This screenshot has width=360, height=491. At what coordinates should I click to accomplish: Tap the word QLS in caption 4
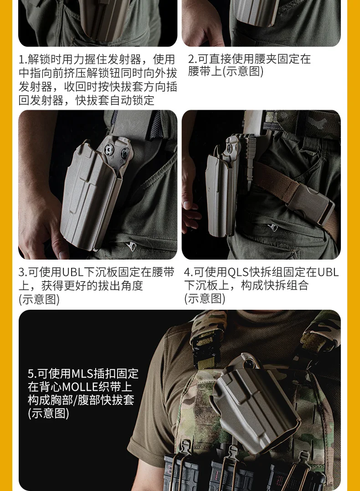238,272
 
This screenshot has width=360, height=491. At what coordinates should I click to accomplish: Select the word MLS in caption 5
83,373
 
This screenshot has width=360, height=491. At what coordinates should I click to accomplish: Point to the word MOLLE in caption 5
81,387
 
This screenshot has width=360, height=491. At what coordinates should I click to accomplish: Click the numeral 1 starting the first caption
21,59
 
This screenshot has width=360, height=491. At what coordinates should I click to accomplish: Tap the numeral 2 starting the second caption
191,59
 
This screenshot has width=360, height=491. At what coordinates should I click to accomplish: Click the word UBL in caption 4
328,272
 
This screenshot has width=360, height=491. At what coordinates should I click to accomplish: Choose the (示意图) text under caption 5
49,414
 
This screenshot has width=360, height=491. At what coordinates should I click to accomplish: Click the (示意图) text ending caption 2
242,72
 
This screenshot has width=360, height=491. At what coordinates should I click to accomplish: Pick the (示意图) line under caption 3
39,299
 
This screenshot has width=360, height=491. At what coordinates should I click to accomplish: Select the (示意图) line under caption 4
205,298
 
